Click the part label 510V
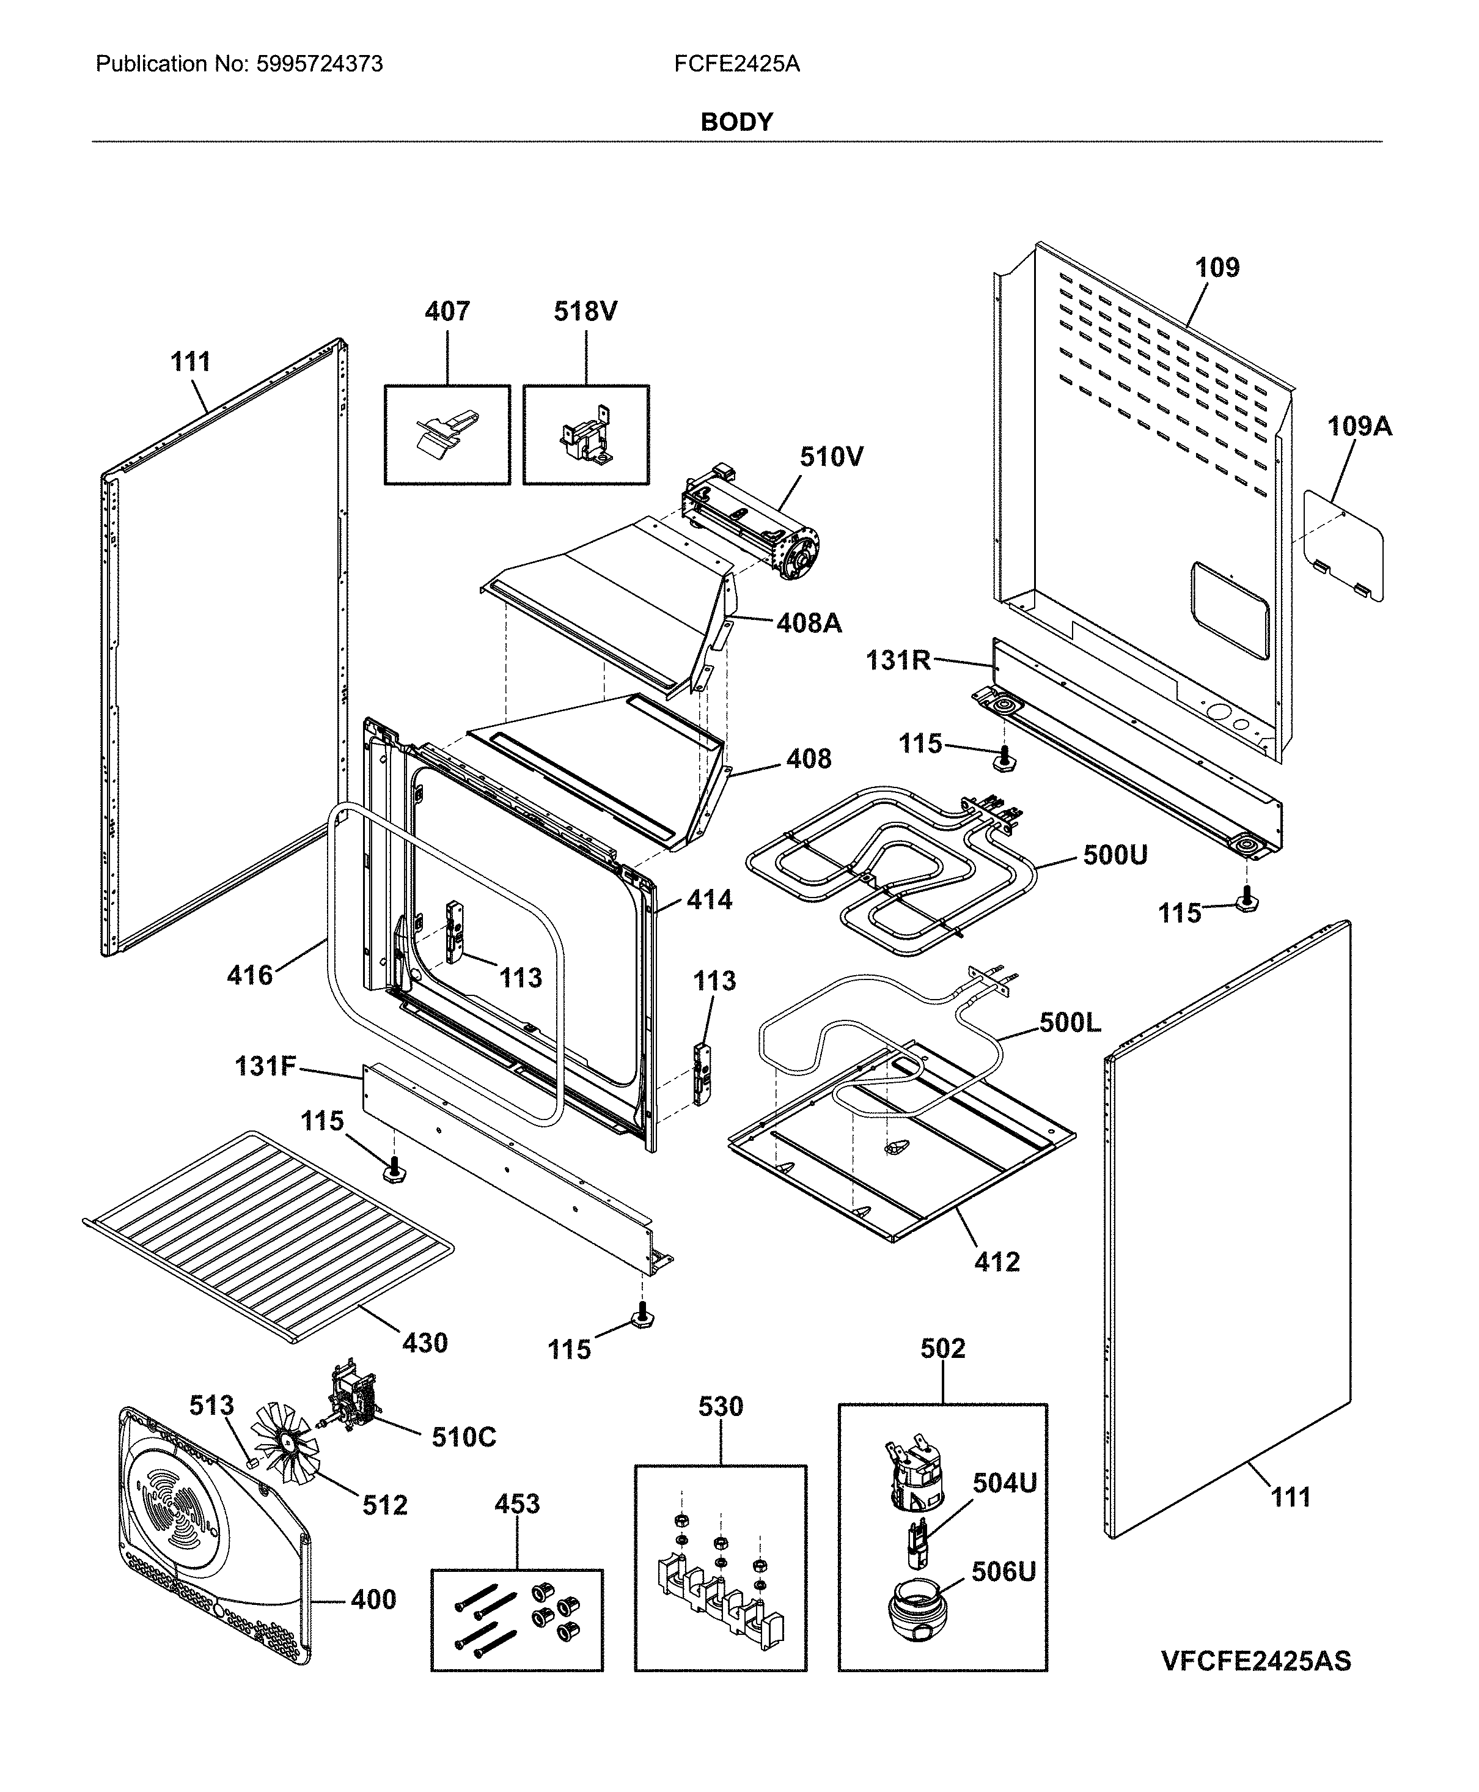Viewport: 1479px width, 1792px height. [831, 457]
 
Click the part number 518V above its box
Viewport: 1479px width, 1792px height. [585, 311]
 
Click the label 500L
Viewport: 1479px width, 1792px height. [1070, 1022]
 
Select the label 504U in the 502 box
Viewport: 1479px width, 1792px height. [1005, 1483]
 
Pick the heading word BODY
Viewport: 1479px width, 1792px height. [736, 122]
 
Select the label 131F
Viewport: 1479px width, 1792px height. [266, 1066]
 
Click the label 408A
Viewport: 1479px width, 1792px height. [809, 623]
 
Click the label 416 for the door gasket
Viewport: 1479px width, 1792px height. [249, 975]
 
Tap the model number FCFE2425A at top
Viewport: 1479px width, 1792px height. [736, 64]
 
